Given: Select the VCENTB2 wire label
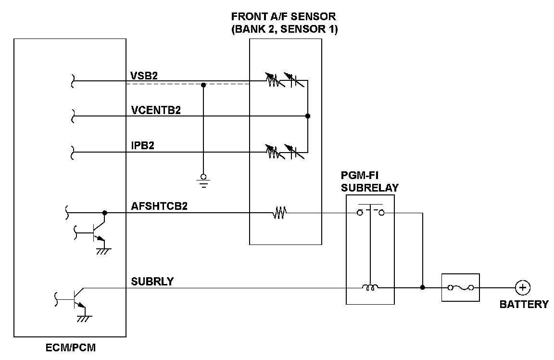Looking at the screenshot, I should point(156,110).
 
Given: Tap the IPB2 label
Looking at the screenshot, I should point(143,146).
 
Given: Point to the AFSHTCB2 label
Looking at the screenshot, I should point(159,206).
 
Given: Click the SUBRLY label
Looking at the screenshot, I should point(152,282).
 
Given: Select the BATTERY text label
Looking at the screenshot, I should point(524,304).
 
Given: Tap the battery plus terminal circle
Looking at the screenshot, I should point(522,288).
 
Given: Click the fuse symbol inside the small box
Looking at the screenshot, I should point(460,288).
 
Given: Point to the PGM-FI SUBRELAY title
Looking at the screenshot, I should point(370,181).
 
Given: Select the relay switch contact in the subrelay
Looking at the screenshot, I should point(370,210).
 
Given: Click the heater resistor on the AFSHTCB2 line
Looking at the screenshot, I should point(279,212).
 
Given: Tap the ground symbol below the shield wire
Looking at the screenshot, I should point(203,180).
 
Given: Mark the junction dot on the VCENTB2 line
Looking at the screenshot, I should point(308,116).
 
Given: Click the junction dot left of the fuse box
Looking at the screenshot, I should point(422,288).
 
